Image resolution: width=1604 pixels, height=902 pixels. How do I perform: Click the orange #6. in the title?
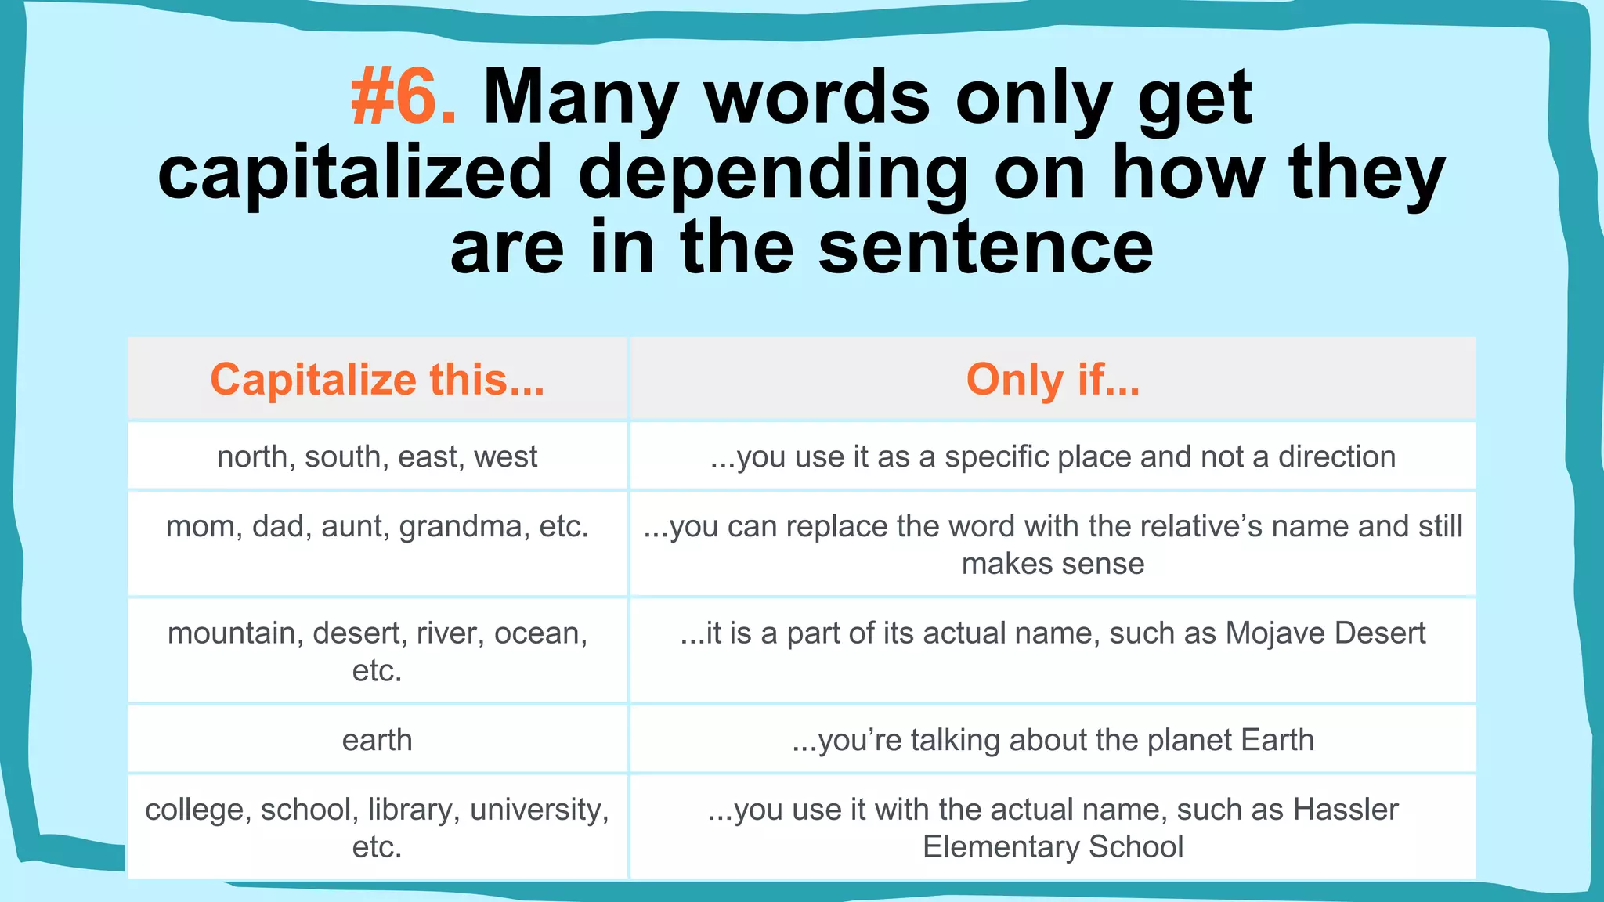[403, 97]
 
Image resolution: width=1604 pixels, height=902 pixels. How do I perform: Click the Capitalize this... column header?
[377, 380]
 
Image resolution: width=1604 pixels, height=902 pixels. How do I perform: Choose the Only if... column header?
[1053, 380]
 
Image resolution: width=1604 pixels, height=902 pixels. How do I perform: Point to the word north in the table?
[251, 456]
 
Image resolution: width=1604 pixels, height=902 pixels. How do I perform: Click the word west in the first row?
[505, 456]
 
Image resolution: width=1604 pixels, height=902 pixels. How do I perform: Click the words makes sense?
[1053, 564]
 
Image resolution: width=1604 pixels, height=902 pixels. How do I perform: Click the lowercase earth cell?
[377, 740]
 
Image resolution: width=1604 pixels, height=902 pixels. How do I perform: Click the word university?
[539, 810]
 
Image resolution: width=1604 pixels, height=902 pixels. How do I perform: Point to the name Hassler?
[1345, 810]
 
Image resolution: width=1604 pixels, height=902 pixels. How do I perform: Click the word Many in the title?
[580, 97]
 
